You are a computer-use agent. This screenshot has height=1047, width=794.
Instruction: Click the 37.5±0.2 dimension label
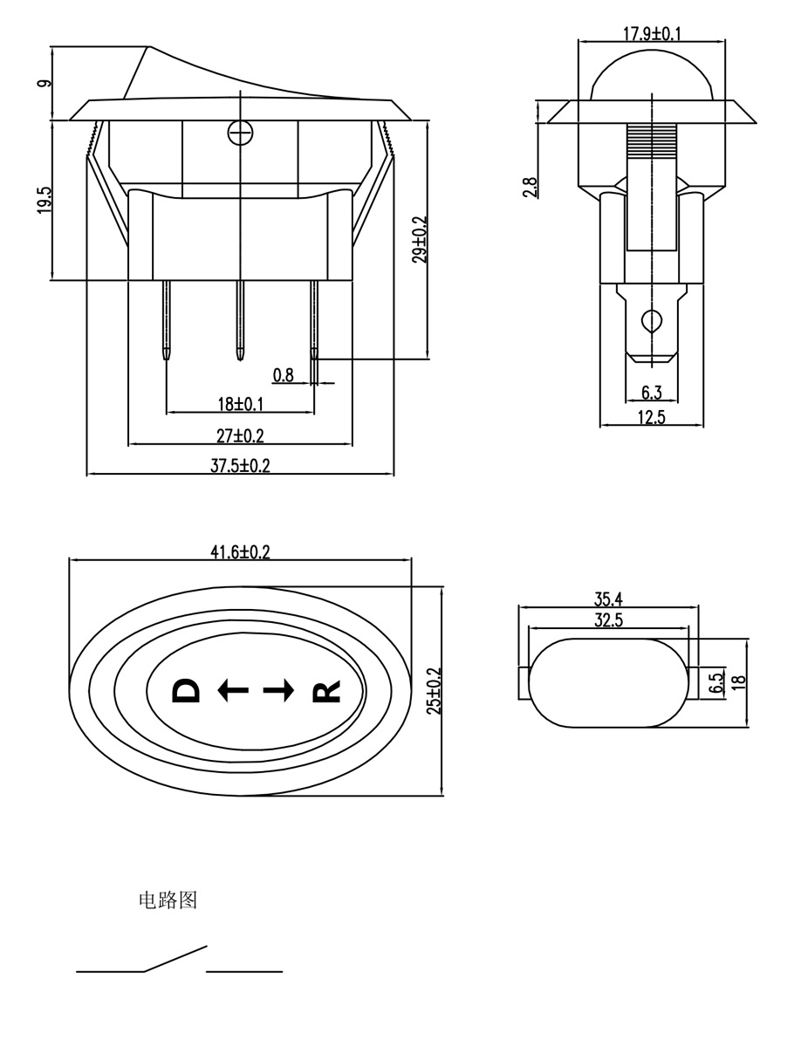click(x=240, y=466)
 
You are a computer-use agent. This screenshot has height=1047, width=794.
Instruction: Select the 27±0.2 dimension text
click(x=240, y=435)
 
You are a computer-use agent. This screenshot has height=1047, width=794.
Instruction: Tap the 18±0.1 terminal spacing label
click(x=240, y=404)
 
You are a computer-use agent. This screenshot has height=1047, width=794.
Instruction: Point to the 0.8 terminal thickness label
click(x=284, y=375)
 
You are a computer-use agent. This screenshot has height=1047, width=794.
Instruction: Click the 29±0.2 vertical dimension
click(x=420, y=239)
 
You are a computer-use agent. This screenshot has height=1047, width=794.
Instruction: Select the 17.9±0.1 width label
click(x=652, y=34)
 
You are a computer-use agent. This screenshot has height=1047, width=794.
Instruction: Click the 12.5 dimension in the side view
click(x=651, y=417)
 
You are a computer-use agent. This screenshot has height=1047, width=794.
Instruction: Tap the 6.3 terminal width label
click(x=651, y=393)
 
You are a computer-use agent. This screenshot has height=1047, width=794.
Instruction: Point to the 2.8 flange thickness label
click(x=530, y=187)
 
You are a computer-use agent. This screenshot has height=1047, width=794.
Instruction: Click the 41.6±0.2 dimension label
click(x=240, y=551)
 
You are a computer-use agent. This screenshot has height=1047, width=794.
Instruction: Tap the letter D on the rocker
click(x=186, y=691)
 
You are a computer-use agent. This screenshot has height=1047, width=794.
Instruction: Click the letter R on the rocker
click(x=325, y=692)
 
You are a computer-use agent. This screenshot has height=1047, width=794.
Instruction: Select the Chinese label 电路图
click(x=168, y=900)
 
